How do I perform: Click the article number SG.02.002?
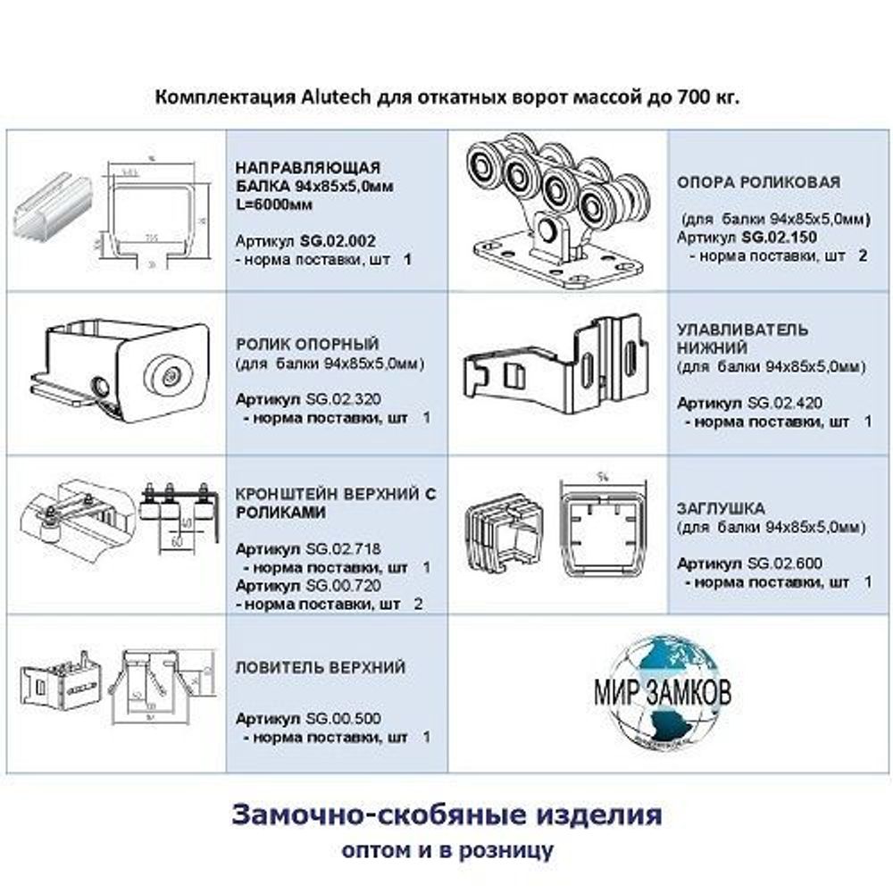coord(338,240)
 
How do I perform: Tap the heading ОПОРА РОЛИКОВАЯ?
coord(758,182)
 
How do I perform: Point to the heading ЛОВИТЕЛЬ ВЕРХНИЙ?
coord(320,667)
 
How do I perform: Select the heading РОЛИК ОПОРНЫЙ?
coord(307,344)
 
